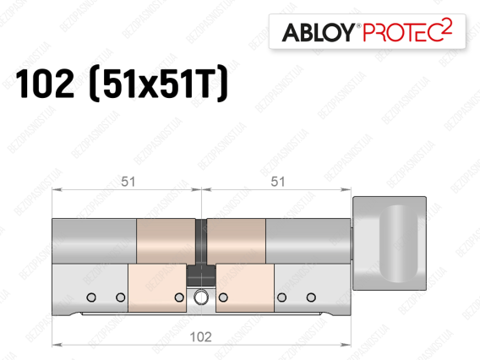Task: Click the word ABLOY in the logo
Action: [318, 32]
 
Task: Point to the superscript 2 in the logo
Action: [447, 27]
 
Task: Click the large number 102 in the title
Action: [45, 84]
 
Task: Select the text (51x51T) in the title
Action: [158, 84]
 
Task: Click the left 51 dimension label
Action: [128, 182]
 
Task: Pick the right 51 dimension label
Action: [278, 182]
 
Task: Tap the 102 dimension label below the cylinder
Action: [201, 337]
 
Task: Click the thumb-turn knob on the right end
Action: [390, 243]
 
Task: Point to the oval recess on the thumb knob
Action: [399, 243]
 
